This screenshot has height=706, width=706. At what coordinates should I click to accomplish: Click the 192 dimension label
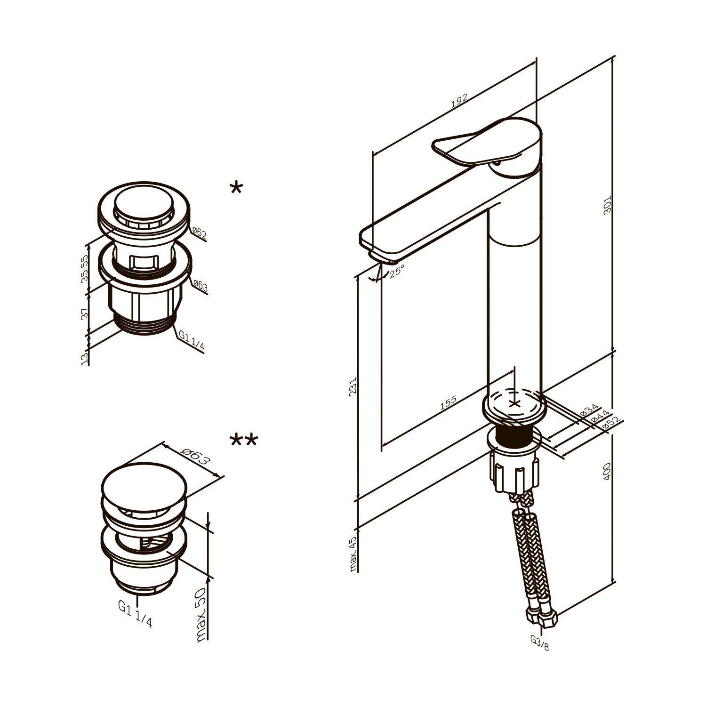pyautogui.click(x=458, y=102)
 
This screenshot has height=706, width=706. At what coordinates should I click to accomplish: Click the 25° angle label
pyautogui.click(x=397, y=270)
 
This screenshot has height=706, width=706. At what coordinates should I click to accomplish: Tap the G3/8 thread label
pyautogui.click(x=539, y=642)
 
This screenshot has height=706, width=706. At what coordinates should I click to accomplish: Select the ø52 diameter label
pyautogui.click(x=610, y=423)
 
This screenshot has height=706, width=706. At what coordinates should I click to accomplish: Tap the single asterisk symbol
pyautogui.click(x=236, y=189)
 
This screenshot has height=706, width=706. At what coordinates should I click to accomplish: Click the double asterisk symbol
pyautogui.click(x=244, y=441)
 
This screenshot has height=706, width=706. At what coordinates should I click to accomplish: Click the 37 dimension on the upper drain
pyautogui.click(x=85, y=314)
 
